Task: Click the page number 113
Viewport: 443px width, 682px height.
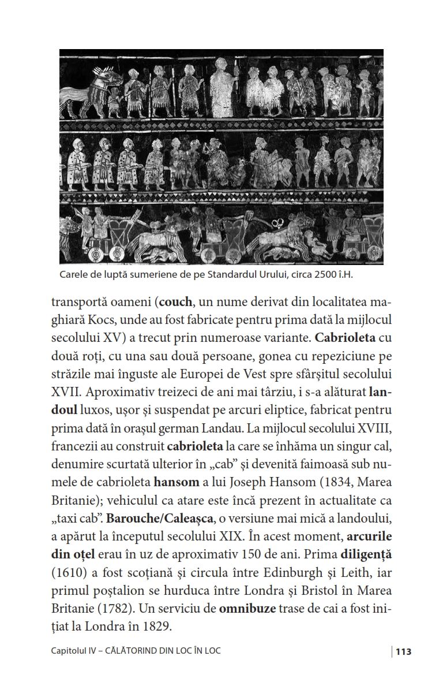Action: [403, 651]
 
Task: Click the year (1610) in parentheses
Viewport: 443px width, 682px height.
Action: [69, 572]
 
